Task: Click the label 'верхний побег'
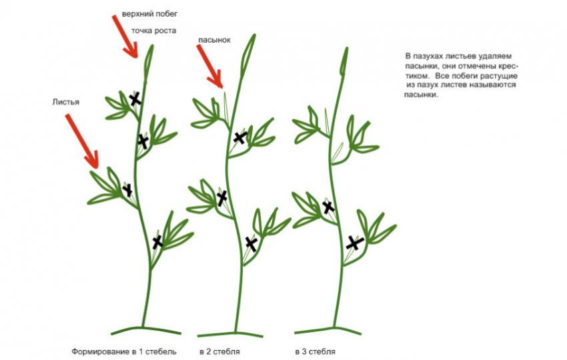pos(149,14)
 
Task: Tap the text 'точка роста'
pos(153,31)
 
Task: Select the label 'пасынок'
pos(214,40)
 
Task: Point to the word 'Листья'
pos(66,102)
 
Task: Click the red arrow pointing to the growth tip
pos(125,37)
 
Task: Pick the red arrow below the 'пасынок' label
pos(209,67)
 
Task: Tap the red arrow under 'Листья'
pos(82,141)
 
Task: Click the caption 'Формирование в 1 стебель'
pos(124,351)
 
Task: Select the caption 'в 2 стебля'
pos(219,351)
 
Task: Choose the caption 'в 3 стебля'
pos(315,351)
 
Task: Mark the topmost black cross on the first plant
pos(135,99)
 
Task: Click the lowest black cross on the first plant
pos(157,242)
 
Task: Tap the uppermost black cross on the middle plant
pos(239,137)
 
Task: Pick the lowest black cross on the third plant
pos(354,243)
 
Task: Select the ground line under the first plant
pos(145,331)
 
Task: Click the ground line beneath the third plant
pos(328,331)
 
